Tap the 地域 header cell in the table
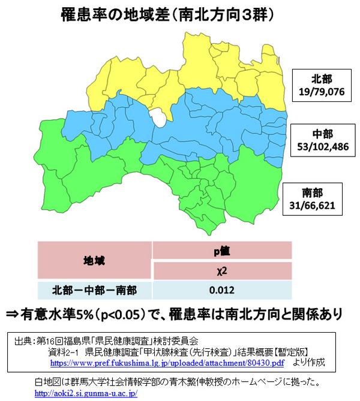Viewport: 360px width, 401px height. coord(92,261)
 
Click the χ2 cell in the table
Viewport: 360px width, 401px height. coord(222,271)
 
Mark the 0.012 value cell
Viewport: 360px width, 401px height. coord(222,291)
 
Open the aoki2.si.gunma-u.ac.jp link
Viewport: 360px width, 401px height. coord(86,394)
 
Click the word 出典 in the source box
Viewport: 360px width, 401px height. coord(24,340)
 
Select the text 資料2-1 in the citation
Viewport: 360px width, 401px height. coord(64,352)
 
